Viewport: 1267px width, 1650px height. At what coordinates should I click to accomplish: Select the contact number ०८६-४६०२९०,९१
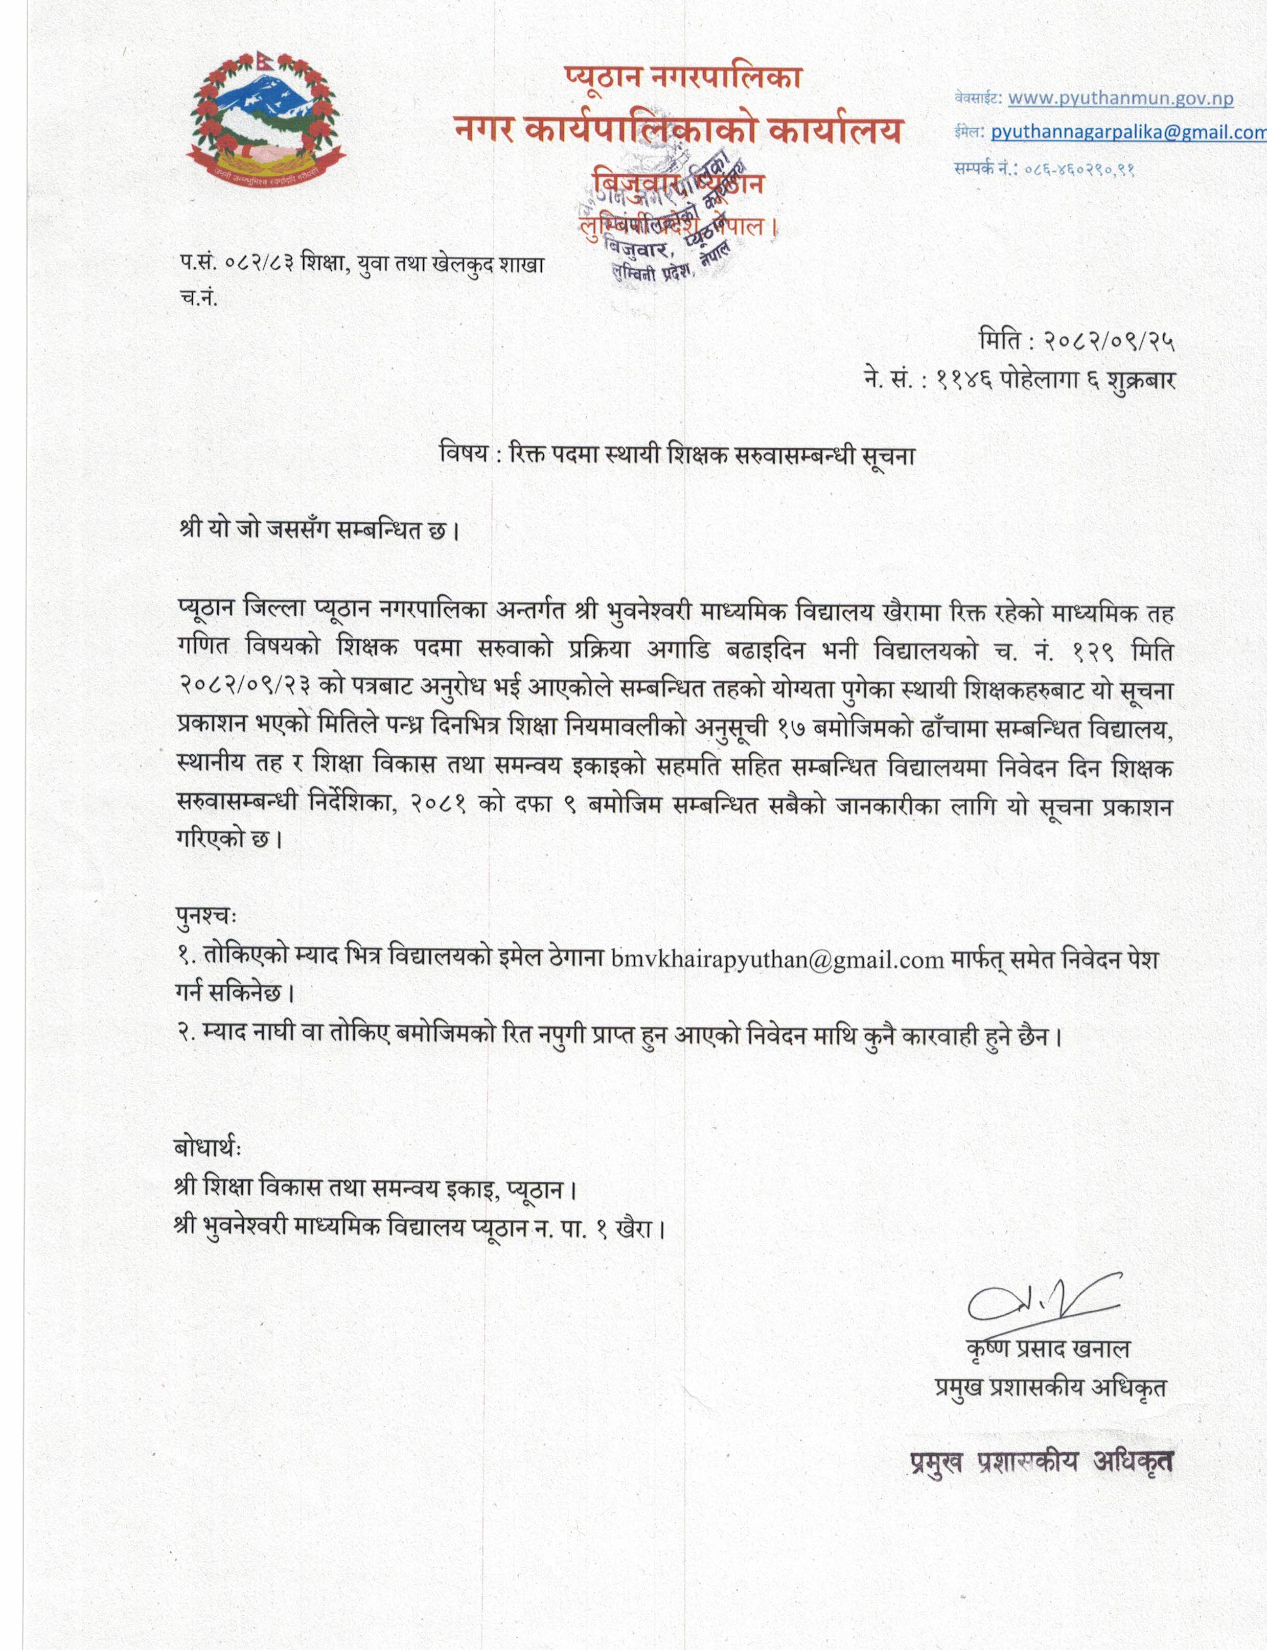(1079, 169)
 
